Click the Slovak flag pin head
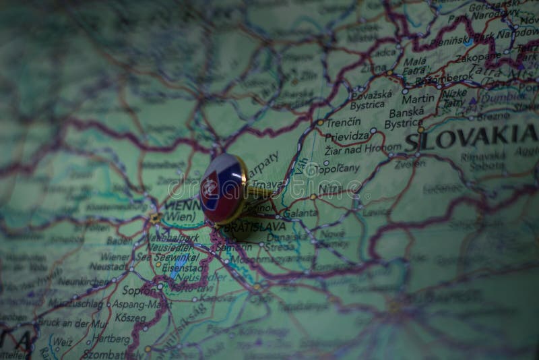pyautogui.click(x=223, y=188)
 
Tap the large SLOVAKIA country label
pyautogui.click(x=471, y=141)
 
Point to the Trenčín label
pyautogui.click(x=344, y=123)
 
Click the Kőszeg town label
pyautogui.click(x=130, y=317)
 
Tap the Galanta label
pyautogui.click(x=300, y=212)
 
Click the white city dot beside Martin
pyautogui.click(x=405, y=91)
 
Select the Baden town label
pyautogui.click(x=119, y=239)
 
